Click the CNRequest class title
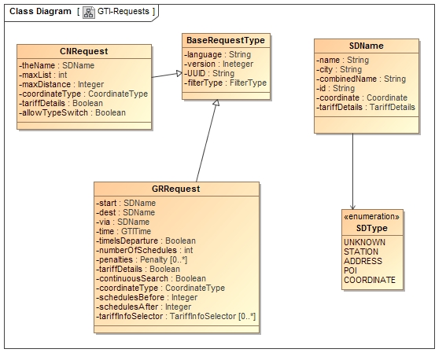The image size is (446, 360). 84,51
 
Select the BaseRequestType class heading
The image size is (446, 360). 226,40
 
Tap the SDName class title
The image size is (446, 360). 367,46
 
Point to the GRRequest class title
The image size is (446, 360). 176,189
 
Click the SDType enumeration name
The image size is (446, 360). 372,228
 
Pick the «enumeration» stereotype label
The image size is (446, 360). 372,217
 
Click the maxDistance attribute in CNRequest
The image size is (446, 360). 61,84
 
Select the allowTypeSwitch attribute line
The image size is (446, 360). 72,113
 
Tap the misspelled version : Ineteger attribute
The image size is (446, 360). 219,64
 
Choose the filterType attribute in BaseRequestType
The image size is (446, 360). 226,83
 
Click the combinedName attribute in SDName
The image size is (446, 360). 361,79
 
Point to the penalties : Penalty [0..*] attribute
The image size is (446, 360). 142,259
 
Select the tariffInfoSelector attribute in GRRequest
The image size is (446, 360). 176,316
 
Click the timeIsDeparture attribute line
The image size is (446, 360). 146,241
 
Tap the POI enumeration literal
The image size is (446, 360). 350,270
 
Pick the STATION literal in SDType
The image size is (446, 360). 361,252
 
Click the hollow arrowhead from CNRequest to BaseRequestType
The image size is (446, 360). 179,74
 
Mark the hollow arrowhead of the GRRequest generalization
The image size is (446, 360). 216,102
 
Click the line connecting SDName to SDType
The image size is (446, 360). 352,171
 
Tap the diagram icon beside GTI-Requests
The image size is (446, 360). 89,13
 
